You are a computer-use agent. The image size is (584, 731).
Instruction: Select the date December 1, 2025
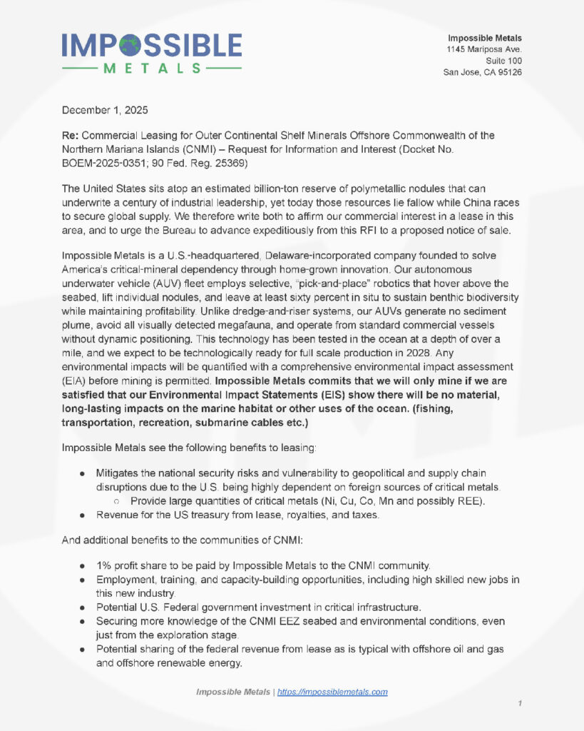coord(106,111)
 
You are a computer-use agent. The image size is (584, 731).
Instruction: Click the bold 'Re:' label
coord(71,135)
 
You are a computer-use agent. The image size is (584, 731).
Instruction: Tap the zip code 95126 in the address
coord(508,72)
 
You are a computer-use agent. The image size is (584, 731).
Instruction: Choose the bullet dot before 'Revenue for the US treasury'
coord(83,514)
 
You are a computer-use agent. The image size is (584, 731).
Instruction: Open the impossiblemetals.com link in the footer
coord(332,692)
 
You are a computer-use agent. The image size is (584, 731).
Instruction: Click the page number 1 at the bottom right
coord(520,704)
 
